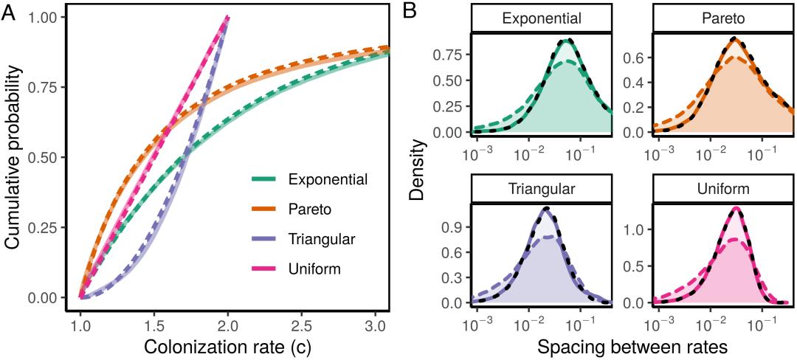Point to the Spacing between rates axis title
(x=632, y=345)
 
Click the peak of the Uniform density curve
(x=736, y=208)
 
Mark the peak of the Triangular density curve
(x=546, y=209)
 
